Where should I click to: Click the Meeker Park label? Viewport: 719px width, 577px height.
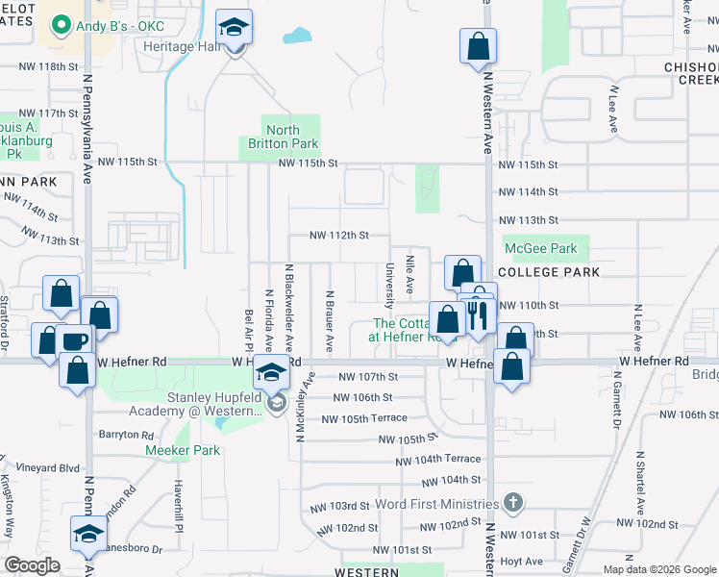[176, 450]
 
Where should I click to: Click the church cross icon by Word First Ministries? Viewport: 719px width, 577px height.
[514, 503]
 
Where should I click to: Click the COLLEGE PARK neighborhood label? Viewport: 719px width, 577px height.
[549, 272]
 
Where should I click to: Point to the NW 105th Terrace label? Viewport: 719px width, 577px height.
[364, 418]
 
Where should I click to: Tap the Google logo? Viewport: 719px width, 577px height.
[32, 565]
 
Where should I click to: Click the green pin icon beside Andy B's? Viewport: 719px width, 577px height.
[62, 23]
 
